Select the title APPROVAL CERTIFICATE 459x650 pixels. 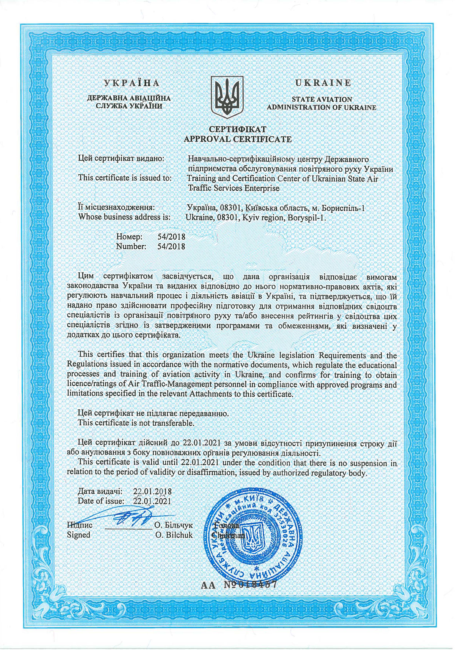point(238,139)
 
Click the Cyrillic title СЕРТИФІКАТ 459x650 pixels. point(238,129)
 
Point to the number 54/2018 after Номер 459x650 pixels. point(171,236)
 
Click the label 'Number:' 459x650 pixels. point(131,246)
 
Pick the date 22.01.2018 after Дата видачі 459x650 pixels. point(152,491)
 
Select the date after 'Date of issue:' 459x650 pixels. point(152,501)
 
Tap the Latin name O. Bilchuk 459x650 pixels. point(174,535)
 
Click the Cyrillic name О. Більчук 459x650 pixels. point(173,526)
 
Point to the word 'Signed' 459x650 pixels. point(79,535)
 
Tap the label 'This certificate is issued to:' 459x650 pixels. point(125,178)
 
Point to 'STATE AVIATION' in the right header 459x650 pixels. point(322,99)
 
